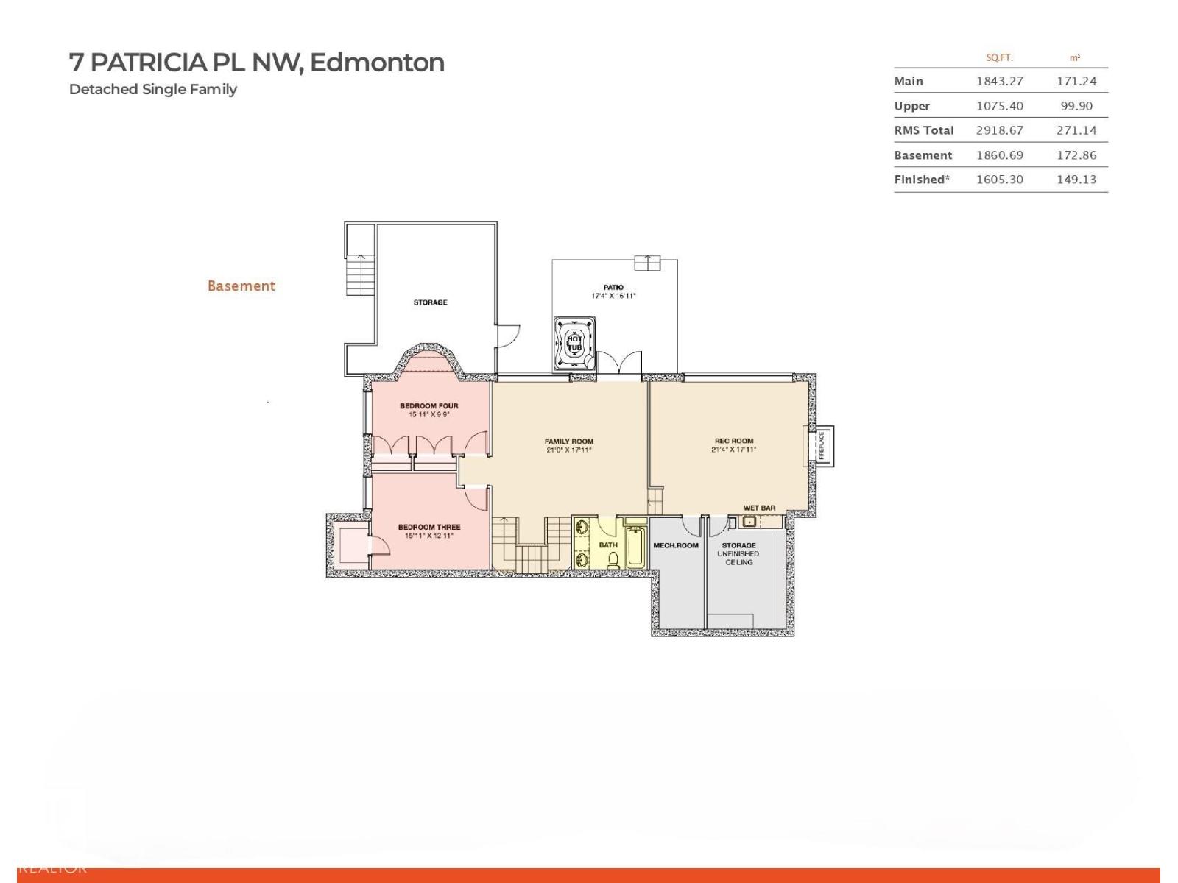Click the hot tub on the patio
pos(574,343)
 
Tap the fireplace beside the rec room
pos(822,445)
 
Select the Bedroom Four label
pos(429,405)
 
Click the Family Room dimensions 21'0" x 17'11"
pos(568,450)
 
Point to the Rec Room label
pos(733,441)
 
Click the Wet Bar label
pos(759,508)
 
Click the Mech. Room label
pos(675,545)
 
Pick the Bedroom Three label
pos(429,527)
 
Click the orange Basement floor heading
pos(241,286)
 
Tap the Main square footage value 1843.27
pos(999,81)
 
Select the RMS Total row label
pos(923,130)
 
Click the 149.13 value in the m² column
pos(1076,180)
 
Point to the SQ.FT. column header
pos(999,57)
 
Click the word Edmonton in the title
pos(377,63)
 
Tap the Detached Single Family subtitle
pos(153,89)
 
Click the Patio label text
pos(613,287)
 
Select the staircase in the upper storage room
pos(361,274)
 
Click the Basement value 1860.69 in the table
pos(999,155)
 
